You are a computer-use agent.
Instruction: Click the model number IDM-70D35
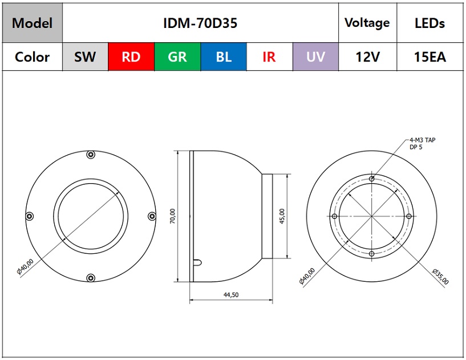200,23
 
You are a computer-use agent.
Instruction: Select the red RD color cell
131,57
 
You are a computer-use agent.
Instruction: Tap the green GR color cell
177,57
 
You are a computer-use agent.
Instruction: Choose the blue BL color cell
224,57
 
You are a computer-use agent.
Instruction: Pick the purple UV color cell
315,57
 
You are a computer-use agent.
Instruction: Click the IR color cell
270,57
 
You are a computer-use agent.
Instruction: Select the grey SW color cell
86,57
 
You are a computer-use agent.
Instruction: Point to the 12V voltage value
368,57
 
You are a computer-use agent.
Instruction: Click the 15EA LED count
430,57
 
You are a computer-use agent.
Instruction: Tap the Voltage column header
367,23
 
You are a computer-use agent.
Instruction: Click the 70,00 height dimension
173,216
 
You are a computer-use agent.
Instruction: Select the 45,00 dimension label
282,216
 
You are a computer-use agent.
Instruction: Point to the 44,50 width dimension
231,294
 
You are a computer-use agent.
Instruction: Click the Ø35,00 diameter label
440,277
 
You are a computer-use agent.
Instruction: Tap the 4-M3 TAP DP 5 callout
422,143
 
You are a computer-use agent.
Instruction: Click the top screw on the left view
91,155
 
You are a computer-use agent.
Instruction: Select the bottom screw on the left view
91,278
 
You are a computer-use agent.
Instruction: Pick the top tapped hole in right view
371,179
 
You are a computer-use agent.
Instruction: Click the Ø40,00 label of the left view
25,266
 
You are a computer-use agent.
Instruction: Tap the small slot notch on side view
197,262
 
